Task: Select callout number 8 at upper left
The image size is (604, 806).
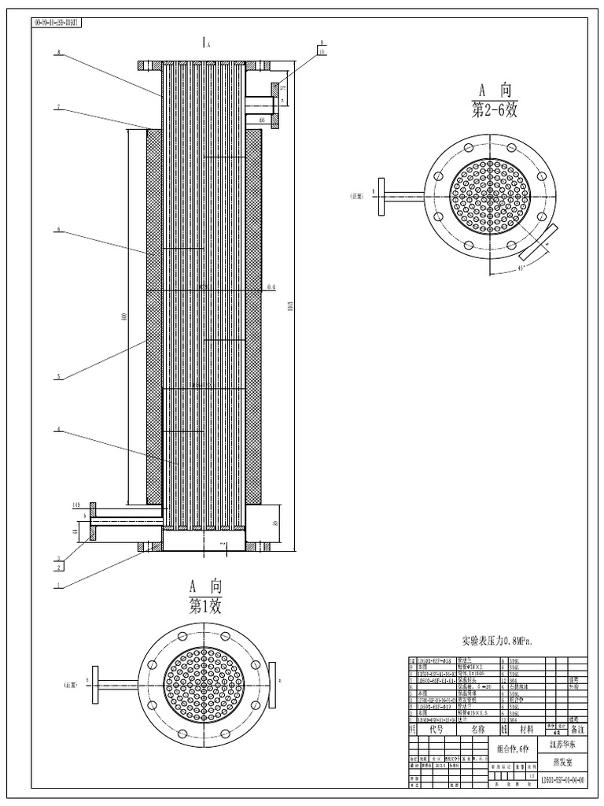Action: pos(58,54)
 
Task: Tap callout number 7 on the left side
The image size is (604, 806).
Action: pos(58,108)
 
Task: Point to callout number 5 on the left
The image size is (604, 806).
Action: pos(58,377)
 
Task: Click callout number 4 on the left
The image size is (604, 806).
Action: pos(58,431)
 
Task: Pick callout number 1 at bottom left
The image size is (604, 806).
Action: pos(58,584)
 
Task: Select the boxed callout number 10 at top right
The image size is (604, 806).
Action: pos(322,51)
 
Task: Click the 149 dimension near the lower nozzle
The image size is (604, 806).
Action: pos(77,505)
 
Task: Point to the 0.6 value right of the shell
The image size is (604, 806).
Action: pos(272,287)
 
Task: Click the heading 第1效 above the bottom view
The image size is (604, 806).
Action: pos(206,605)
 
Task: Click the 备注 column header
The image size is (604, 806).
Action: pos(578,729)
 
